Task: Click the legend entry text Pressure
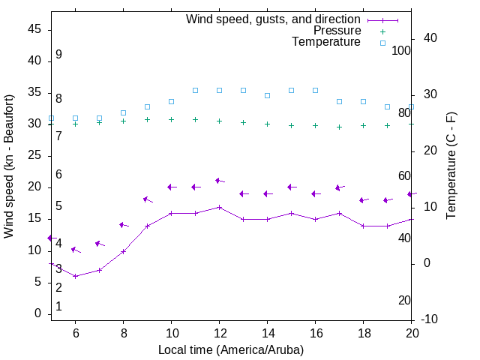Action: [337, 31]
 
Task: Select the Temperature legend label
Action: [326, 42]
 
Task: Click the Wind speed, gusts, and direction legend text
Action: [273, 19]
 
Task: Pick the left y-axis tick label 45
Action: [34, 29]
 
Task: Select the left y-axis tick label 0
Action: [37, 314]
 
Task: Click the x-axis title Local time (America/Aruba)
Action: [231, 349]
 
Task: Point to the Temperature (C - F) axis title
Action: [451, 166]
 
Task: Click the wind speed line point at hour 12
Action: [219, 207]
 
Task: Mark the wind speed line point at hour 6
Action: [75, 276]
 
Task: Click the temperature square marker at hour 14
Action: [267, 95]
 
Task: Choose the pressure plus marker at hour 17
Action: [339, 127]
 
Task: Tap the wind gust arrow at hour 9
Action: [147, 199]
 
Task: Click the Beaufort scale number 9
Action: [58, 55]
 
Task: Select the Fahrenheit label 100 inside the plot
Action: [401, 50]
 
